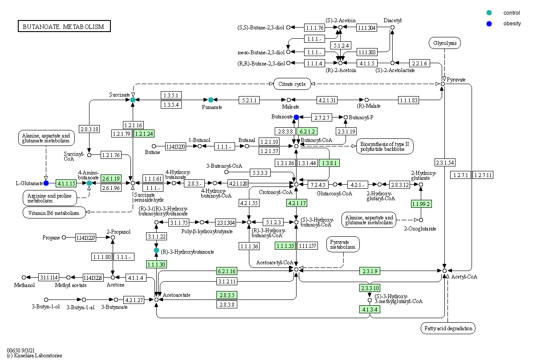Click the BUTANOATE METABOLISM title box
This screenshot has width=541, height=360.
click(x=64, y=27)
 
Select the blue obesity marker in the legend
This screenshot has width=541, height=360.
click(x=489, y=24)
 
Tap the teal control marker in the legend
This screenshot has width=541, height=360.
click(x=489, y=13)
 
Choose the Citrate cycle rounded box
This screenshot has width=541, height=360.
click(x=292, y=84)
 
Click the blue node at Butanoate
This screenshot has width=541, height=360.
click(x=296, y=117)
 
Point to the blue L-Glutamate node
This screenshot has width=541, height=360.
click(x=46, y=183)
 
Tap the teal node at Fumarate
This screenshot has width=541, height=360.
click(x=211, y=100)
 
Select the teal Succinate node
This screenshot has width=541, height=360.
click(x=133, y=100)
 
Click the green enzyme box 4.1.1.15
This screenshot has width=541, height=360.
click(x=66, y=183)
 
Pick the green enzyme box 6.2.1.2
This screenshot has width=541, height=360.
click(x=308, y=131)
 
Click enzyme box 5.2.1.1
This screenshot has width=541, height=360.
click(x=249, y=100)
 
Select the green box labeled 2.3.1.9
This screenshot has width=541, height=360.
click(x=370, y=271)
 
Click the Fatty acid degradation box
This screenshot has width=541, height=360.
click(x=448, y=328)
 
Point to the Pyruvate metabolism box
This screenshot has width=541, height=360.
click(x=343, y=244)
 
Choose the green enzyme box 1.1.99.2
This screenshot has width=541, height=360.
click(x=421, y=204)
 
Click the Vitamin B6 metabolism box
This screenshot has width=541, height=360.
click(x=54, y=213)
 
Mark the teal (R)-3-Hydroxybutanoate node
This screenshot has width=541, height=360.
click(x=156, y=251)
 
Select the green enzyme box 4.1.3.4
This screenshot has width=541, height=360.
click(x=370, y=309)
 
